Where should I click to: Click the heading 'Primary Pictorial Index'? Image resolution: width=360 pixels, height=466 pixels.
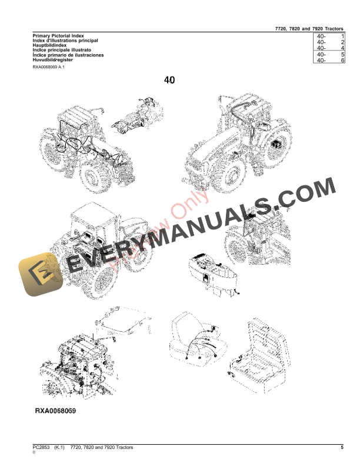[x=58, y=36]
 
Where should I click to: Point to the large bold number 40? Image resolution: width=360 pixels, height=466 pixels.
[x=169, y=81]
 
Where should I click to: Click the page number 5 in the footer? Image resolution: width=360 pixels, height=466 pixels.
[x=342, y=448]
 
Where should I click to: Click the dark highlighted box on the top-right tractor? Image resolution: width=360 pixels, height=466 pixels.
[x=276, y=144]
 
